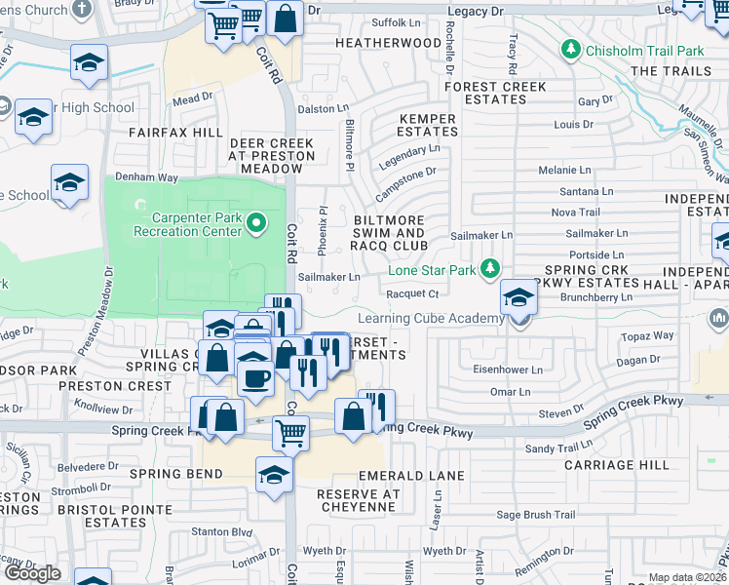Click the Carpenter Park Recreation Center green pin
click(256, 223)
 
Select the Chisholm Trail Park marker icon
click(571, 49)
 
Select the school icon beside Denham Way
click(69, 182)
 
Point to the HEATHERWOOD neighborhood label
click(388, 43)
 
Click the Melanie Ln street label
click(565, 170)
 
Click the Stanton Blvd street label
click(221, 531)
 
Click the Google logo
click(31, 573)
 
